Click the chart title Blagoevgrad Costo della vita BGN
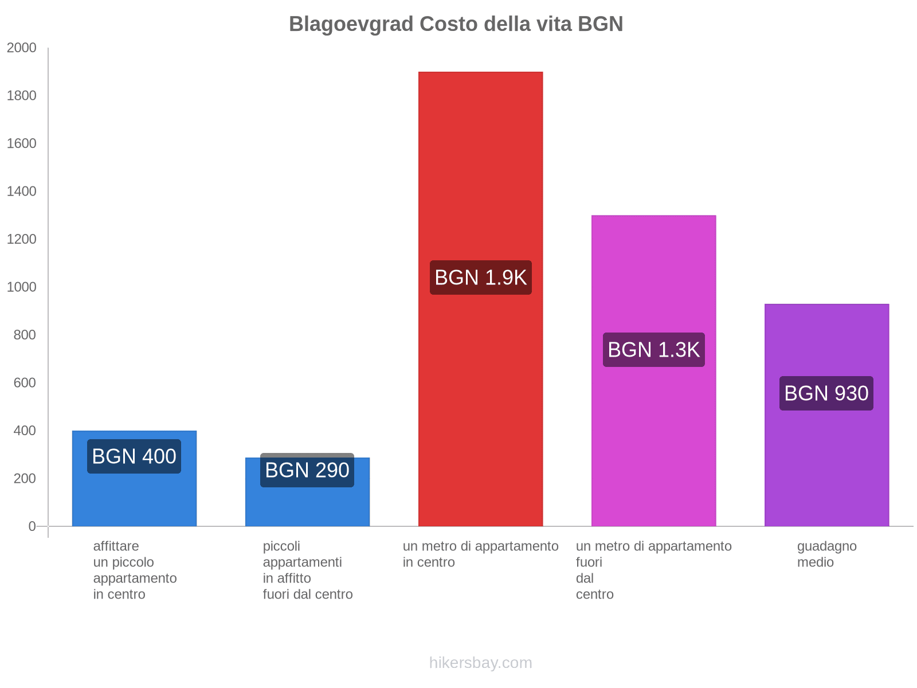pos(456,24)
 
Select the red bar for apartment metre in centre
pos(480,172)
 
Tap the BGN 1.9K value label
pos(480,277)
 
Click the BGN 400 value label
pos(134,456)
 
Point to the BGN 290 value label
pos(307,470)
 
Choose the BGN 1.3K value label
pos(653,350)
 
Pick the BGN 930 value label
pos(826,393)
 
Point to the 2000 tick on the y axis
pos(22,48)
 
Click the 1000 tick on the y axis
pos(22,287)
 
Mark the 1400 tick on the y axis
pos(22,191)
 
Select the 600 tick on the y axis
pos(25,383)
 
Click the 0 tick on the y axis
pos(32,526)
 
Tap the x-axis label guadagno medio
pos(826,554)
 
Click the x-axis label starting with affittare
pos(135,570)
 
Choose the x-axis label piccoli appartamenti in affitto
pos(307,570)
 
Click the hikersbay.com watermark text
pos(480,663)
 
